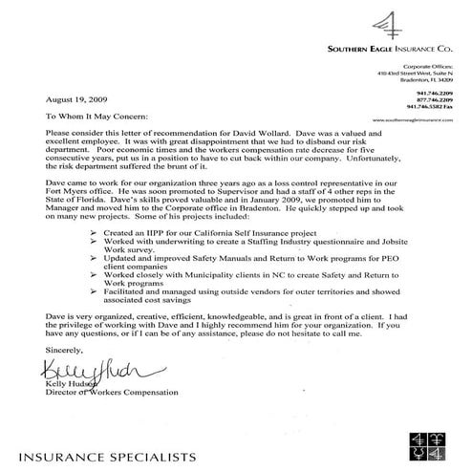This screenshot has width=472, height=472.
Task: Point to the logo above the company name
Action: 390,20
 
